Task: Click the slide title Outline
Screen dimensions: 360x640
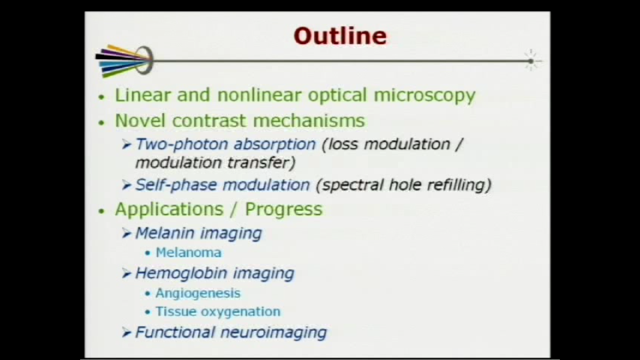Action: tap(340, 36)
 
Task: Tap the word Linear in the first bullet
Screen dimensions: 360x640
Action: tap(143, 95)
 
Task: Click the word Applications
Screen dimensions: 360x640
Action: tap(169, 209)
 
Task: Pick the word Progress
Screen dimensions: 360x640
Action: tap(284, 209)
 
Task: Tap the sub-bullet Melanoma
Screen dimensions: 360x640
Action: tap(188, 253)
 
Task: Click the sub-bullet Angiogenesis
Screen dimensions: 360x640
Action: tap(198, 293)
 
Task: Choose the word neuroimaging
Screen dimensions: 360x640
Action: tap(273, 333)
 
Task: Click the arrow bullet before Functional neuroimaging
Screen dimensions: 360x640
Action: tap(127, 332)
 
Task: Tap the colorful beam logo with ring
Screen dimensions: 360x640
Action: tap(125, 61)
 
